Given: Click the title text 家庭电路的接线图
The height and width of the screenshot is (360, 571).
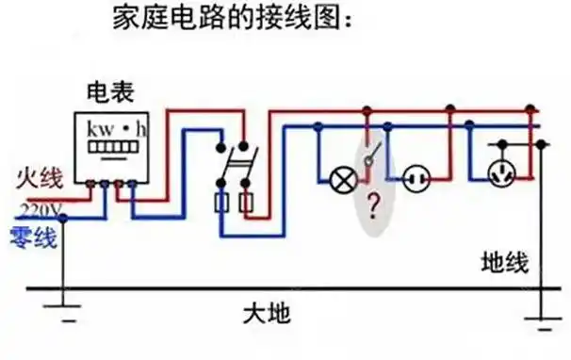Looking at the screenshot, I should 232,18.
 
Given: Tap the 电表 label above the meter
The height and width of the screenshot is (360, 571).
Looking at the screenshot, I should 109,91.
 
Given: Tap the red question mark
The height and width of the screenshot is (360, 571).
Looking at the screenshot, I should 374,203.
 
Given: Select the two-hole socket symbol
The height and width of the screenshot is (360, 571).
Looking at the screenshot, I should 416,176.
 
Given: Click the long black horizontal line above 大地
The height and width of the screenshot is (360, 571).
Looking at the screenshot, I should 283,287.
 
